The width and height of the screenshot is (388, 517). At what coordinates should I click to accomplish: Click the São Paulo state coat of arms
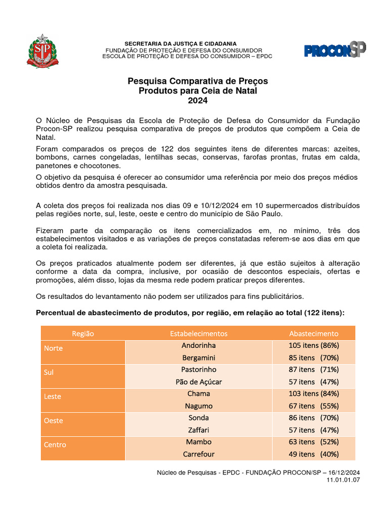tap(42, 51)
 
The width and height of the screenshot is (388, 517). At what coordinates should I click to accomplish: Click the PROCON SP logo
tap(335, 50)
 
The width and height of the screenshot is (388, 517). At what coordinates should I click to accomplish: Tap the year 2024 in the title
tap(198, 100)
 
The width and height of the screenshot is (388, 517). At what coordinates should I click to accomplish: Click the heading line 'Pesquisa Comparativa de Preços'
tap(198, 81)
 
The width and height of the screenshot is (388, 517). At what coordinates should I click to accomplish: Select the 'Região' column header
tap(83, 333)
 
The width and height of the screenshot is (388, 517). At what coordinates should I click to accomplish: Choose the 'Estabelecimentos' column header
tap(199, 333)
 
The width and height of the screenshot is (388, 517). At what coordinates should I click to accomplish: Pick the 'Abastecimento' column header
tap(314, 333)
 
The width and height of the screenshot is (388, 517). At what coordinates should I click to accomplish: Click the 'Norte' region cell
tap(54, 348)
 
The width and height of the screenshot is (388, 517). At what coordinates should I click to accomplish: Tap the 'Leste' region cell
tap(53, 396)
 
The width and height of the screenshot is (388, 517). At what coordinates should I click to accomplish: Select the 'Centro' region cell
tap(55, 445)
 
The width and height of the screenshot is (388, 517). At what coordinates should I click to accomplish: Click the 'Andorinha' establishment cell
tap(199, 345)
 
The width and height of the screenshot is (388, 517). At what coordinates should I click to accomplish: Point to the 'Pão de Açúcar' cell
tap(199, 382)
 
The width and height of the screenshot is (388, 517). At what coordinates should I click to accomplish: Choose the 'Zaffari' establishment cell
tap(199, 430)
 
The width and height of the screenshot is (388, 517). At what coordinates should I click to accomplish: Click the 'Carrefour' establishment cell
tap(199, 454)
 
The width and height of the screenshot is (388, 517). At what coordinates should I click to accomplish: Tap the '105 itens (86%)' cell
tap(314, 345)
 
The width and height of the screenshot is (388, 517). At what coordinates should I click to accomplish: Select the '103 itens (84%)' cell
tap(314, 393)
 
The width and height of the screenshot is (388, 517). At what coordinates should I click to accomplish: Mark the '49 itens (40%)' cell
tap(314, 454)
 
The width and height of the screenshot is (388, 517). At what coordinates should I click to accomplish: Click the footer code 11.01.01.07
tap(344, 480)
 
